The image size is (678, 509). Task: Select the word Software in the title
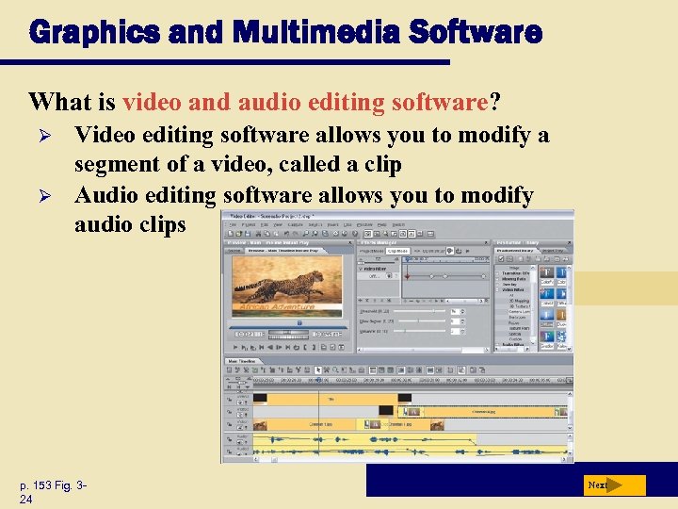pos(482,32)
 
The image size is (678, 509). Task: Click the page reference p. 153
pos(43,485)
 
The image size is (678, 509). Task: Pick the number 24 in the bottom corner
pos(26,500)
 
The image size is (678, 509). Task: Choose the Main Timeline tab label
pos(243,361)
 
